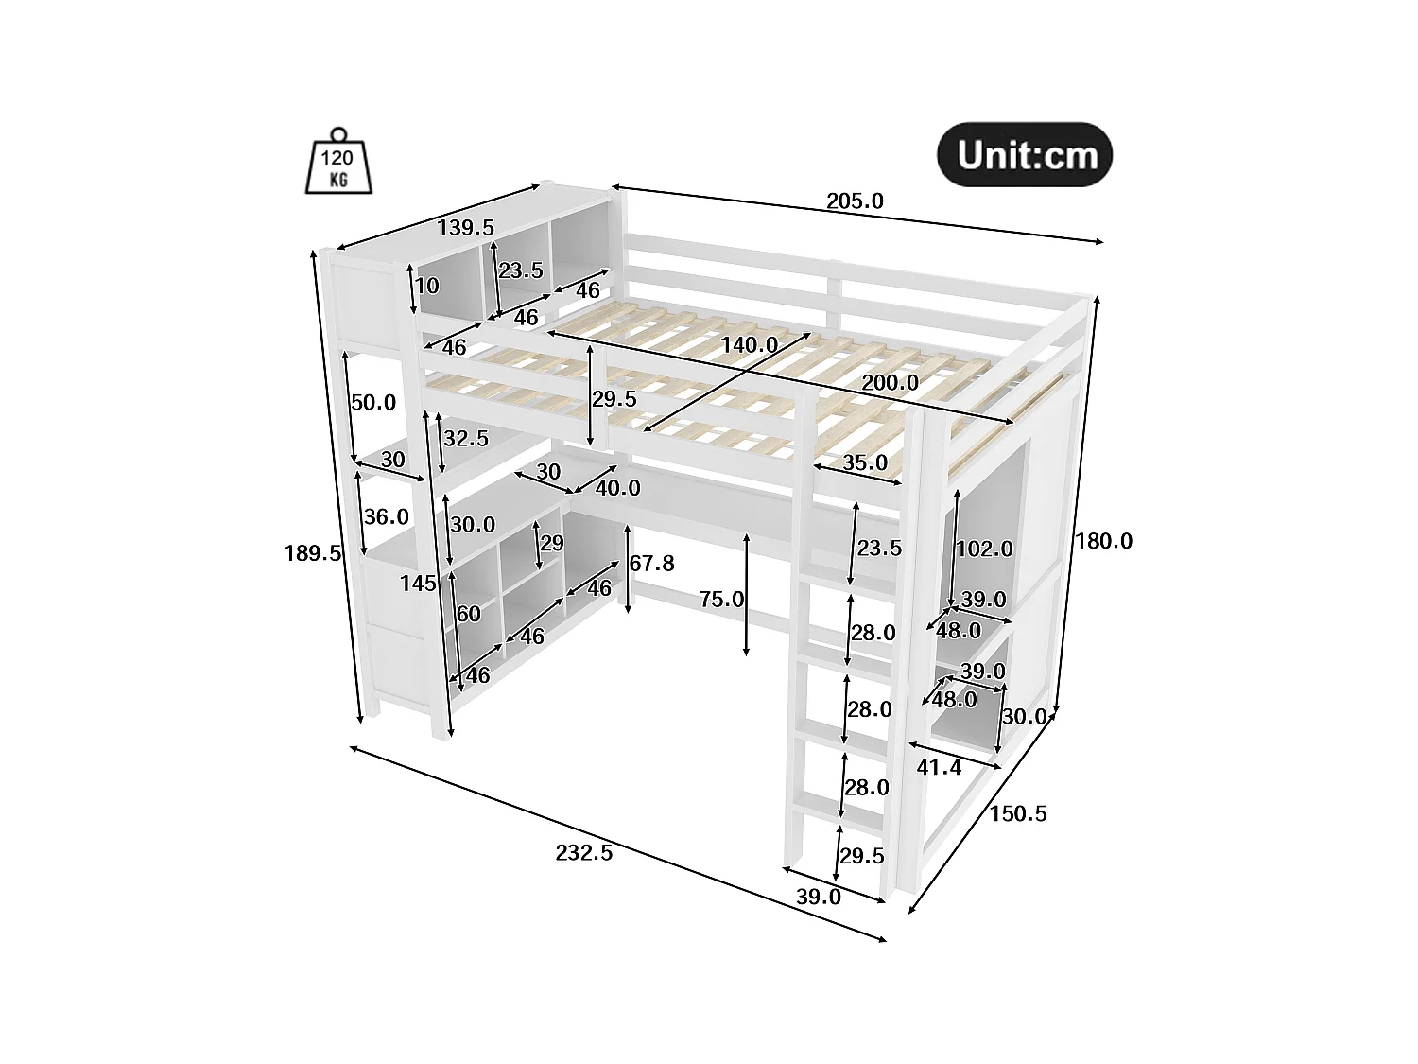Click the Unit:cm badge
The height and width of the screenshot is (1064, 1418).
[1025, 154]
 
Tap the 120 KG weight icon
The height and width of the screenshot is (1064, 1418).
[337, 165]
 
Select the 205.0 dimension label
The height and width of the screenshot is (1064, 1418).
[855, 201]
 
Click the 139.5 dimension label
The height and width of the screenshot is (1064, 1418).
[465, 228]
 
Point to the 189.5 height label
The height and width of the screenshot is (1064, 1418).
[312, 553]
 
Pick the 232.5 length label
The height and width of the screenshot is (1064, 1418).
[583, 852]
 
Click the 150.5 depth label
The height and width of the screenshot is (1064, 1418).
[1018, 813]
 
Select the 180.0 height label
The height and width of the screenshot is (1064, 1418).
[1103, 541]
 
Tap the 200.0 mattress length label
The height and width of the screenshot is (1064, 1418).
[889, 382]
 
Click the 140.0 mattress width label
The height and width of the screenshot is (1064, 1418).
[749, 345]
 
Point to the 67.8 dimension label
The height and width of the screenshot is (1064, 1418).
[652, 564]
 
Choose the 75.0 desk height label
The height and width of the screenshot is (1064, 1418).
[721, 599]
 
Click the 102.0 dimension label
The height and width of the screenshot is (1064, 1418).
[984, 549]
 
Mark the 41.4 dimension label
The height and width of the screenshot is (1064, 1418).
[939, 767]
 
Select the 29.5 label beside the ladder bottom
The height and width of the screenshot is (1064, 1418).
[861, 856]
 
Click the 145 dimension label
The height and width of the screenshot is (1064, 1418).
[418, 584]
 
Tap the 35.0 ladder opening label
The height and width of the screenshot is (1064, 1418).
[864, 462]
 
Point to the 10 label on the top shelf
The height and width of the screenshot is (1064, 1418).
[427, 286]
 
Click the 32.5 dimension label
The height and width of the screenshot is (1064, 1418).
[465, 439]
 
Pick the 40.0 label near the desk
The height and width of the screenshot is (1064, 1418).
[617, 488]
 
